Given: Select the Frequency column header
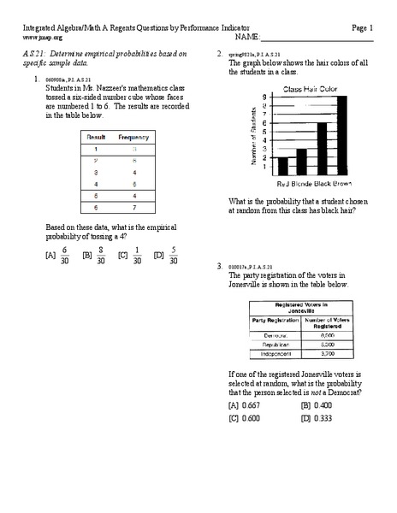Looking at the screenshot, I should [x=133, y=137].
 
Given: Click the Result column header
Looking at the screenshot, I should [x=96, y=137].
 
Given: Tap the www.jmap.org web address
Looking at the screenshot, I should [x=43, y=38].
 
